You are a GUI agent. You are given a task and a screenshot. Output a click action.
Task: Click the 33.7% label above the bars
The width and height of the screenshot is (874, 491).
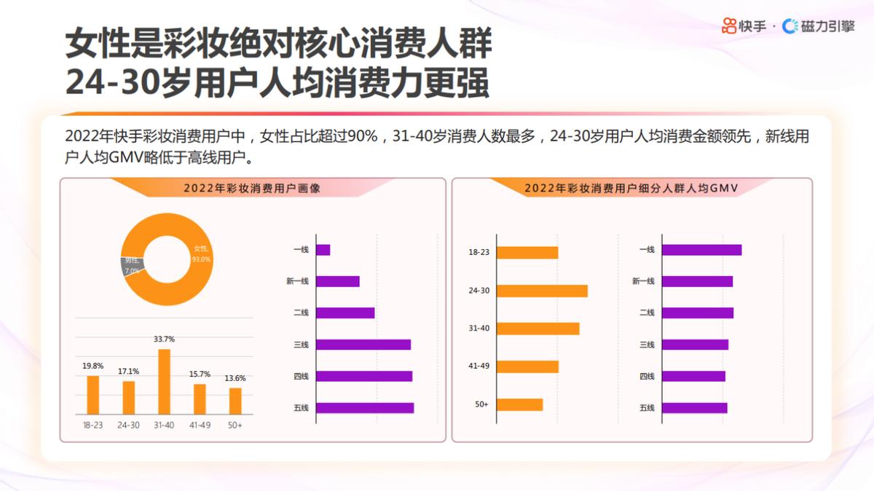click(164, 339)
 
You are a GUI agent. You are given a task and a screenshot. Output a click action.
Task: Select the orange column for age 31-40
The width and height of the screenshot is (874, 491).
click(164, 382)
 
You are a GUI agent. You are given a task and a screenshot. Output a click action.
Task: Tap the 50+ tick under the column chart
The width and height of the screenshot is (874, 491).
click(235, 425)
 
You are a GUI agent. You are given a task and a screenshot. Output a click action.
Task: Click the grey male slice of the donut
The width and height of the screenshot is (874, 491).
click(132, 265)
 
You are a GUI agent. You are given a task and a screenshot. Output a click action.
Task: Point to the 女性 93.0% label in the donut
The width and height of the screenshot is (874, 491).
click(201, 254)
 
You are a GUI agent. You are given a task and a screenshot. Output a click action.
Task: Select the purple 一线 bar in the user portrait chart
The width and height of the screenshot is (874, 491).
click(323, 250)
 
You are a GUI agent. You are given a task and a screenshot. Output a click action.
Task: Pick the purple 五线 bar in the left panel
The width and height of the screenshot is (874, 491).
click(364, 408)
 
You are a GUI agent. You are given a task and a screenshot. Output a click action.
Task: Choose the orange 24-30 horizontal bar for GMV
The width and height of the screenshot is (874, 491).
click(542, 291)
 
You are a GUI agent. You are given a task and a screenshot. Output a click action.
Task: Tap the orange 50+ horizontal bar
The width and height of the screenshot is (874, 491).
click(520, 404)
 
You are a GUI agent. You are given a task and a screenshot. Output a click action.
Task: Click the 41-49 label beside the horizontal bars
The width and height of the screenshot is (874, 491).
click(479, 366)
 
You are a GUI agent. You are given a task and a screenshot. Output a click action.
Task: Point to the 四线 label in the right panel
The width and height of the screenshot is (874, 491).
click(647, 377)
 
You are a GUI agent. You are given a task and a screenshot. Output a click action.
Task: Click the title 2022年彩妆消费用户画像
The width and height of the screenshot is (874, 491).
click(252, 188)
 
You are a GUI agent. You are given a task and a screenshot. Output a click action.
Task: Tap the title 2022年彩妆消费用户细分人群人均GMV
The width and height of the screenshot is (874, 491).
click(631, 188)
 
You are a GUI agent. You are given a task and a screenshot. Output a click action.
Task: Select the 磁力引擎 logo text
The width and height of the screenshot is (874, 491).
click(827, 26)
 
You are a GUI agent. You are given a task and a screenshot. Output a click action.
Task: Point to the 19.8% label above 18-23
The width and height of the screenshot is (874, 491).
click(92, 366)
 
